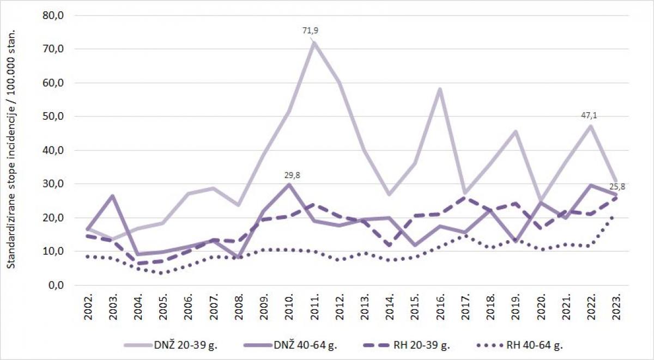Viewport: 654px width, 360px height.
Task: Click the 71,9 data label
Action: (310, 30)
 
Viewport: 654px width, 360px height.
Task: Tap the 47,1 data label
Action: (590, 115)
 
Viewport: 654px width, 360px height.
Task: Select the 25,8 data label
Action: (620, 186)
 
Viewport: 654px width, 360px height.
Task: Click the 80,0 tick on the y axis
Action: (53, 15)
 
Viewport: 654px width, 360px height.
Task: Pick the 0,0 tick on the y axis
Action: (56, 285)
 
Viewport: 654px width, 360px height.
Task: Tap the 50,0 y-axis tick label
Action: (53, 117)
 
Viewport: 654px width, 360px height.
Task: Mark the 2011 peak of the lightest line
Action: (314, 42)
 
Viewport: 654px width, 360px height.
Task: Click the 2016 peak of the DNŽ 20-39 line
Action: (440, 89)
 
